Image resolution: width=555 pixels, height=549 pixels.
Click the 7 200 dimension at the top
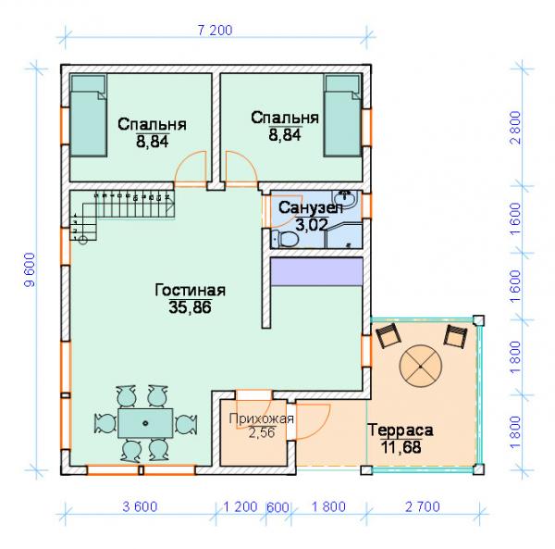pyautogui.click(x=215, y=31)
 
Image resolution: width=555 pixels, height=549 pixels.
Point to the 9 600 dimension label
pyautogui.click(x=31, y=269)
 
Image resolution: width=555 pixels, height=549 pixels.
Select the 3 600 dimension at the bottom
pyautogui.click(x=140, y=506)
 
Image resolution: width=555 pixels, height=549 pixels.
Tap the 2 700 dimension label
pyautogui.click(x=423, y=506)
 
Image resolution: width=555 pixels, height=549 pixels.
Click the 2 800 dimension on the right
pyautogui.click(x=516, y=128)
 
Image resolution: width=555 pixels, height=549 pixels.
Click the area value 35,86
pyautogui.click(x=190, y=307)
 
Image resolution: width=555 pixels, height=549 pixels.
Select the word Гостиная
pyautogui.click(x=190, y=290)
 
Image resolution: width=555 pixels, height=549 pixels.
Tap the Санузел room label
pyautogui.click(x=311, y=208)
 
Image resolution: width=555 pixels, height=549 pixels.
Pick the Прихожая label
pyautogui.click(x=262, y=418)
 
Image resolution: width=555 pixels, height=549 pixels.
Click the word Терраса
pyautogui.click(x=401, y=430)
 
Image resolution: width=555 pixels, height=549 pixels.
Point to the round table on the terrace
pyautogui.click(x=420, y=367)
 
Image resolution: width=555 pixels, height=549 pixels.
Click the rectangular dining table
pyautogui.click(x=145, y=423)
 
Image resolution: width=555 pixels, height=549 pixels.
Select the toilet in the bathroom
pyautogui.click(x=285, y=238)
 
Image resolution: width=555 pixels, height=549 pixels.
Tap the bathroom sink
pyautogui.click(x=345, y=199)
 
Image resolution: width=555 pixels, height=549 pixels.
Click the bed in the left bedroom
pyautogui.click(x=89, y=116)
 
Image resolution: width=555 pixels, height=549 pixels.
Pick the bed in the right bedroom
pyautogui.click(x=343, y=116)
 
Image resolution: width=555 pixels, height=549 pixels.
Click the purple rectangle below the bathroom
pyautogui.click(x=316, y=271)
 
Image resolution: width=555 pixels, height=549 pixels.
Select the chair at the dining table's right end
pyautogui.click(x=186, y=424)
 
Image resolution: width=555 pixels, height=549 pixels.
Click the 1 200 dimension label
pyautogui.click(x=240, y=506)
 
